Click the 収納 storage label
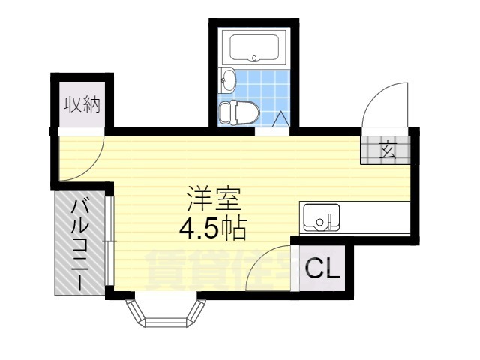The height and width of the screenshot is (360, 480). [81, 104]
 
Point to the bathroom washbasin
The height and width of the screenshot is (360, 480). [228, 77]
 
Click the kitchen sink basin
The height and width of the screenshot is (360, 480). [321, 218]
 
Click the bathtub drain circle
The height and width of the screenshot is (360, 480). [255, 57]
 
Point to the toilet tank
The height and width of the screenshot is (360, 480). [225, 112]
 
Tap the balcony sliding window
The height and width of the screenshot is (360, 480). [109, 240]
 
